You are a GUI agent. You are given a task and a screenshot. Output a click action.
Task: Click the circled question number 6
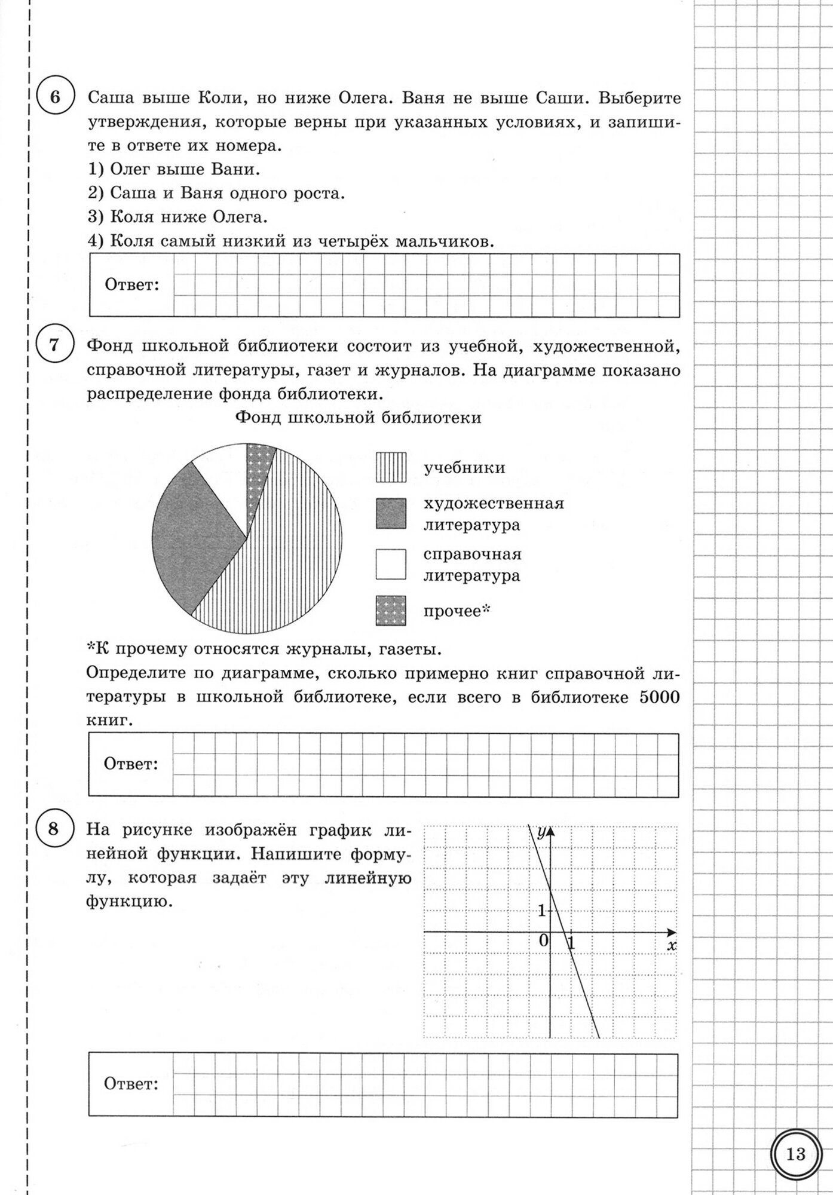(54, 97)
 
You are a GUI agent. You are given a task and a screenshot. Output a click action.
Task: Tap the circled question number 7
(54, 345)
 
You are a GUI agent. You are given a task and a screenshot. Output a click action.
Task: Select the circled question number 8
(54, 829)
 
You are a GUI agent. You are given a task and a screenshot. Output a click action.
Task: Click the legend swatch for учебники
(391, 467)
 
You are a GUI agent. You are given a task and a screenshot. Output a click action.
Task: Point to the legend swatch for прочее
(391, 611)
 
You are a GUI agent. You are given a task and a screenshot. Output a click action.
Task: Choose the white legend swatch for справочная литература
(391, 564)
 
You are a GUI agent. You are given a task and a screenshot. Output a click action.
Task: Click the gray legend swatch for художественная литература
(391, 514)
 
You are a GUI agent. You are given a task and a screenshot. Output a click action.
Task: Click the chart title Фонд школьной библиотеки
(359, 418)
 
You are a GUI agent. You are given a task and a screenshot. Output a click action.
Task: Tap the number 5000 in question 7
(660, 697)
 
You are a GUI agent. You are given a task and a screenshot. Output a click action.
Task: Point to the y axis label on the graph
(541, 832)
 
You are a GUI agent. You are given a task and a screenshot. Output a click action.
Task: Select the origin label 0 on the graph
(543, 941)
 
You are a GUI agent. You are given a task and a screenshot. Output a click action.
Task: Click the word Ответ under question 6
(132, 284)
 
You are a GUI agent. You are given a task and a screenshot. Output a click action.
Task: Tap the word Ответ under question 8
(131, 1084)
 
